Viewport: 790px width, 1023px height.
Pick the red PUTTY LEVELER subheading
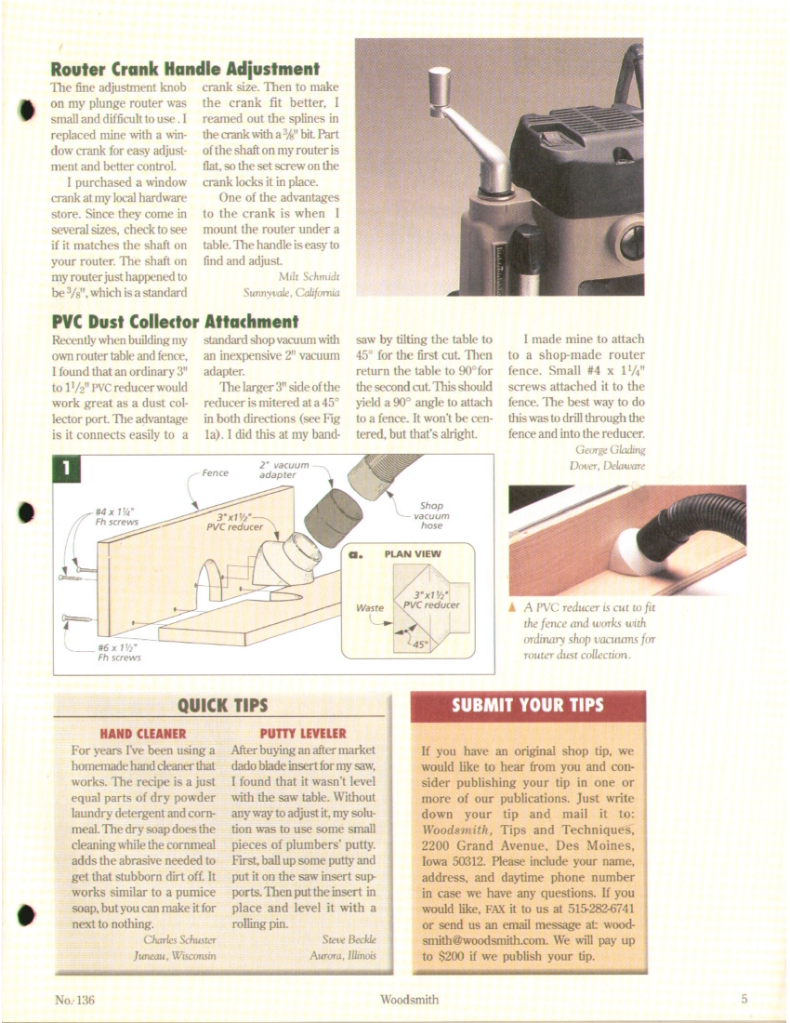tap(303, 733)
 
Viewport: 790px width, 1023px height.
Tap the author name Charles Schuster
tap(174, 939)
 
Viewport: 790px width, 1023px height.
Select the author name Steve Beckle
tap(349, 939)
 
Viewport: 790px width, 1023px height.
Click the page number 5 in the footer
tap(744, 1000)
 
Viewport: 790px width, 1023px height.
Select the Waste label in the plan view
tap(370, 609)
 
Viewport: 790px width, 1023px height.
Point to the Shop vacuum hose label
tap(431, 516)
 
